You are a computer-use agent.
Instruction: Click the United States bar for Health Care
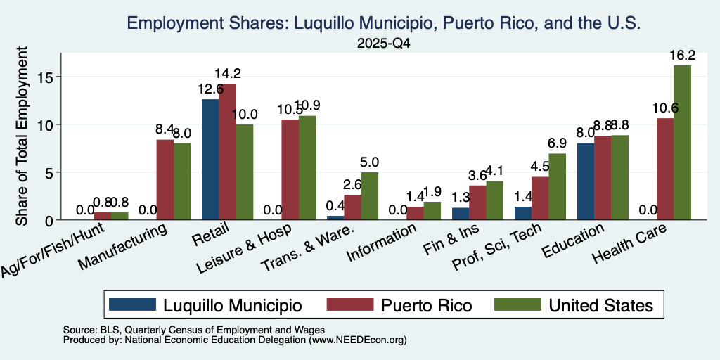point(682,142)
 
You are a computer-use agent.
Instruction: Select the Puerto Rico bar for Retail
point(227,152)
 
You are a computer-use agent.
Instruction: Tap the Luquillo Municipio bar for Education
point(586,181)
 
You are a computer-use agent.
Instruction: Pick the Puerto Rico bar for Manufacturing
point(165,179)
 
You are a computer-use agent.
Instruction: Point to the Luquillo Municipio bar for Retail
point(210,160)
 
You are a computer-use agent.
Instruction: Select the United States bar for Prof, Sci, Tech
point(557,187)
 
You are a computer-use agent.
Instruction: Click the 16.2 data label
point(682,56)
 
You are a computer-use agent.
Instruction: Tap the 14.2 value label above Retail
point(227,73)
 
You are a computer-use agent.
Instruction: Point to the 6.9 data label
point(557,143)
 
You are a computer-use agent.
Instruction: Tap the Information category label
point(382,242)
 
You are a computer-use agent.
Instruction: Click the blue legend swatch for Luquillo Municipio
point(133,304)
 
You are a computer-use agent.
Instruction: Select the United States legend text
point(600,305)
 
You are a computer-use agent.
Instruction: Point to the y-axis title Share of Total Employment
point(22,136)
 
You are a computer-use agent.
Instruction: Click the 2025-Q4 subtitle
point(384,44)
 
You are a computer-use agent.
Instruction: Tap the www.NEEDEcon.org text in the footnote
point(358,340)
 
